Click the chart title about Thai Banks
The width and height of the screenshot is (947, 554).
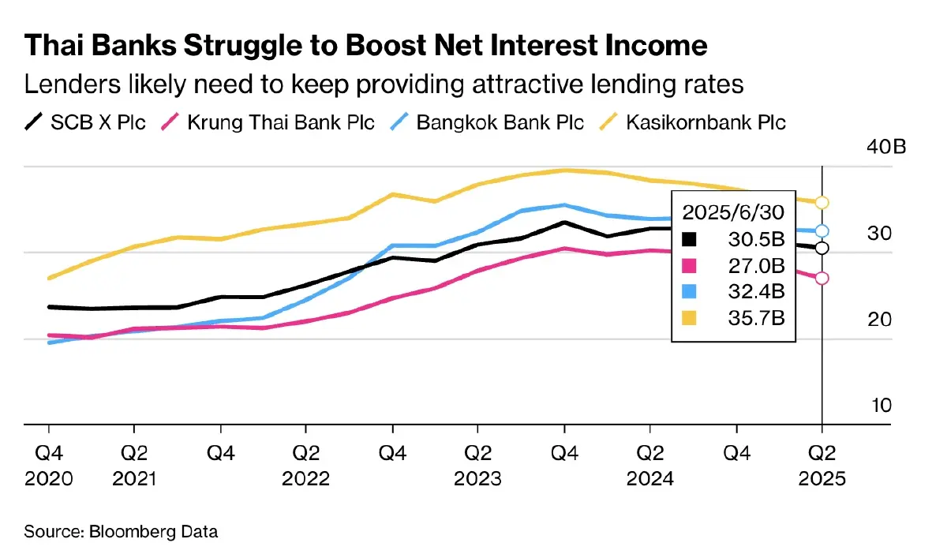pyautogui.click(x=365, y=46)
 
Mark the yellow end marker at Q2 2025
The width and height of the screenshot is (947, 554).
pyautogui.click(x=822, y=203)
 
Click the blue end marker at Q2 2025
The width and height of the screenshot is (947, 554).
pyautogui.click(x=822, y=231)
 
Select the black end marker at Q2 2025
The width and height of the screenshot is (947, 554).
pyautogui.click(x=822, y=249)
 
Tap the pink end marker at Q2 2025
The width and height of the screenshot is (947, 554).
pyautogui.click(x=822, y=278)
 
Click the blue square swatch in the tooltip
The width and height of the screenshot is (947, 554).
pyautogui.click(x=690, y=291)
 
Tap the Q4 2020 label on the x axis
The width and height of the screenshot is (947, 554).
pyautogui.click(x=49, y=466)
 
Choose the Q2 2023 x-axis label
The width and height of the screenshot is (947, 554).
pyautogui.click(x=477, y=466)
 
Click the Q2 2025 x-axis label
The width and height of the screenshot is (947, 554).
pyautogui.click(x=822, y=466)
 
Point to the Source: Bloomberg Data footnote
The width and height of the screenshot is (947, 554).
pyautogui.click(x=121, y=531)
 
